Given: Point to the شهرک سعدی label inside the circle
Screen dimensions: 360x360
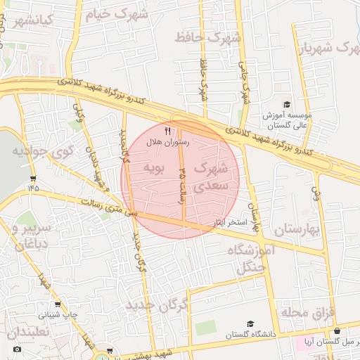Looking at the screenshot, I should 211,176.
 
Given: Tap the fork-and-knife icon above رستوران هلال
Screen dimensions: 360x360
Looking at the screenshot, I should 167,131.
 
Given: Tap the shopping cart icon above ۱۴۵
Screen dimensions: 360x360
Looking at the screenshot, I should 33,178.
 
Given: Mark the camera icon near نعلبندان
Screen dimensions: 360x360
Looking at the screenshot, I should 18,349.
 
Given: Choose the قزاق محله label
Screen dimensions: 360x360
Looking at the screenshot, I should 310,310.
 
